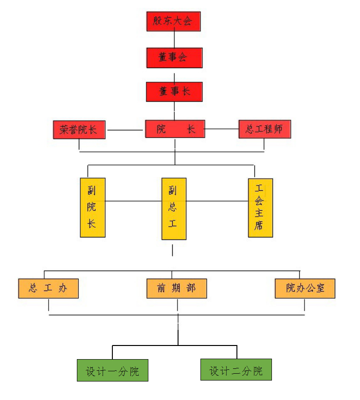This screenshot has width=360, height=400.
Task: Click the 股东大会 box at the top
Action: pyautogui.click(x=173, y=21)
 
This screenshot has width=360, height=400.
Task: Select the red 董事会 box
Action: pyautogui.click(x=174, y=57)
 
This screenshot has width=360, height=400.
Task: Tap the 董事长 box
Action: pyautogui.click(x=174, y=91)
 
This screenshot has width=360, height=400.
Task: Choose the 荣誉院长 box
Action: pyautogui.click(x=79, y=130)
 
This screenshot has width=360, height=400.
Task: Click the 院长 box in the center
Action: pyautogui.click(x=175, y=129)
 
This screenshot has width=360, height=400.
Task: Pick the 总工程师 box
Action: pyautogui.click(x=264, y=129)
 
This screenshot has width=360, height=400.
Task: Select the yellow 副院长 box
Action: pyautogui.click(x=92, y=207)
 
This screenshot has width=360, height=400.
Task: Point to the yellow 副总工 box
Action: pyautogui.click(x=174, y=208)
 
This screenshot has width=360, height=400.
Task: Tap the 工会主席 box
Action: pyautogui.click(x=260, y=208)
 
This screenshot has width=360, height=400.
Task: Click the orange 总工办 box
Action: pyautogui.click(x=48, y=288)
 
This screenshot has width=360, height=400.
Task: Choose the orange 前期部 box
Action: pyautogui.click(x=177, y=288)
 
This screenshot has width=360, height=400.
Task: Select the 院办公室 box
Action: pyautogui.click(x=305, y=288)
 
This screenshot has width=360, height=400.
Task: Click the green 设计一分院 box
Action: pyautogui.click(x=112, y=371)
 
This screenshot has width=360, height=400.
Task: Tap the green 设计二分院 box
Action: pyautogui.click(x=236, y=370)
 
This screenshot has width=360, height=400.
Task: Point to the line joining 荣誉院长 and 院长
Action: pyautogui.click(x=125, y=130)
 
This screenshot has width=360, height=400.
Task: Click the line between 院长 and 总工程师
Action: pyautogui.click(x=222, y=129)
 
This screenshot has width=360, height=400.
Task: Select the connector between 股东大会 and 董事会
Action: pyautogui.click(x=174, y=39)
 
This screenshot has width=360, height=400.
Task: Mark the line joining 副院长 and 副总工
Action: pyautogui.click(x=133, y=200)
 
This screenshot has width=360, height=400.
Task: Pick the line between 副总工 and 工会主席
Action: pyautogui.click(x=217, y=200)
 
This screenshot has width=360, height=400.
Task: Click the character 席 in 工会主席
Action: pyautogui.click(x=259, y=226)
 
